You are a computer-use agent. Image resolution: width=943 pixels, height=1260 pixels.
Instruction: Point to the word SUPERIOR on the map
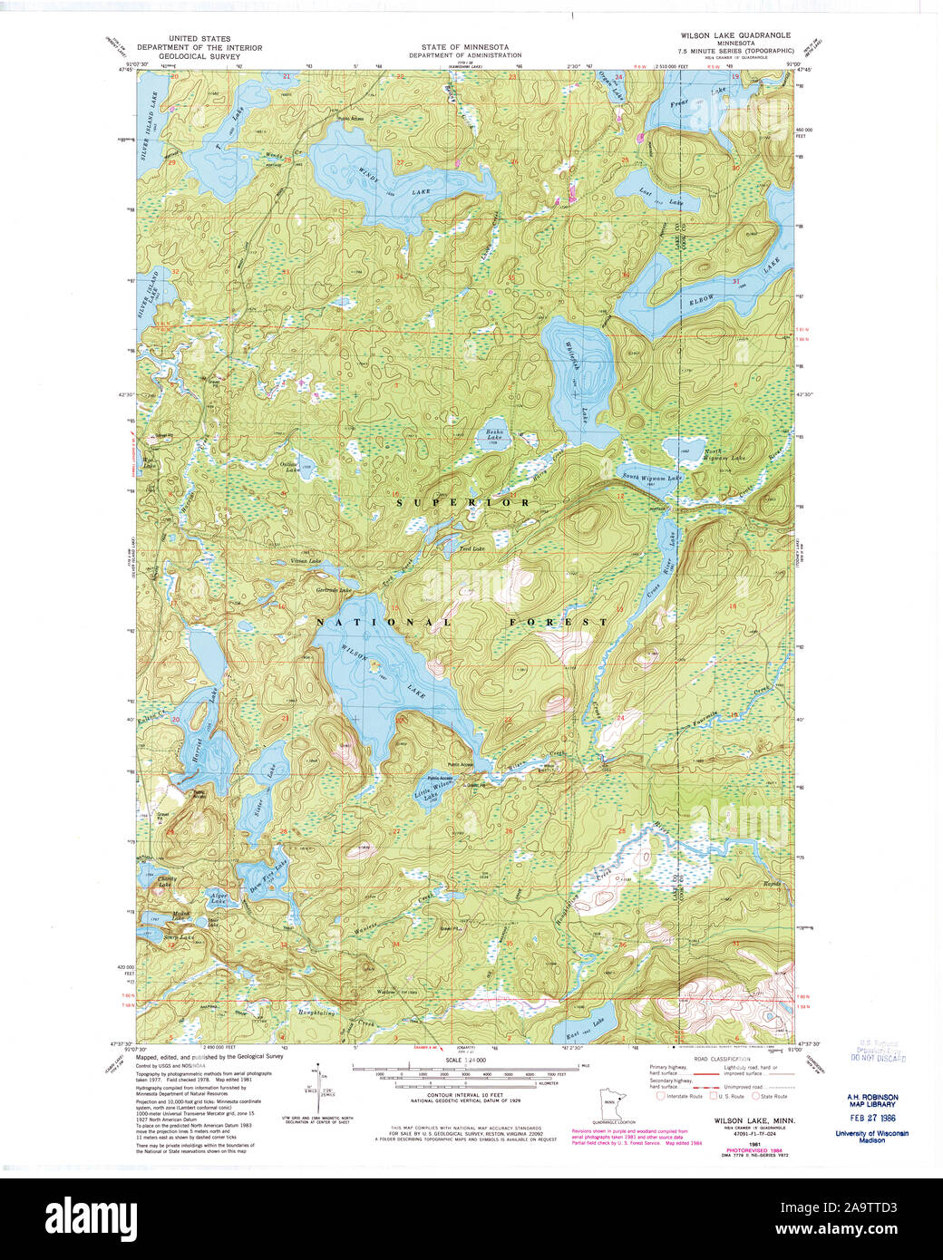pos(462,501)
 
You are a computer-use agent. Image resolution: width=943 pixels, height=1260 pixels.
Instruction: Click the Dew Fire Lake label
pos(263,872)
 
